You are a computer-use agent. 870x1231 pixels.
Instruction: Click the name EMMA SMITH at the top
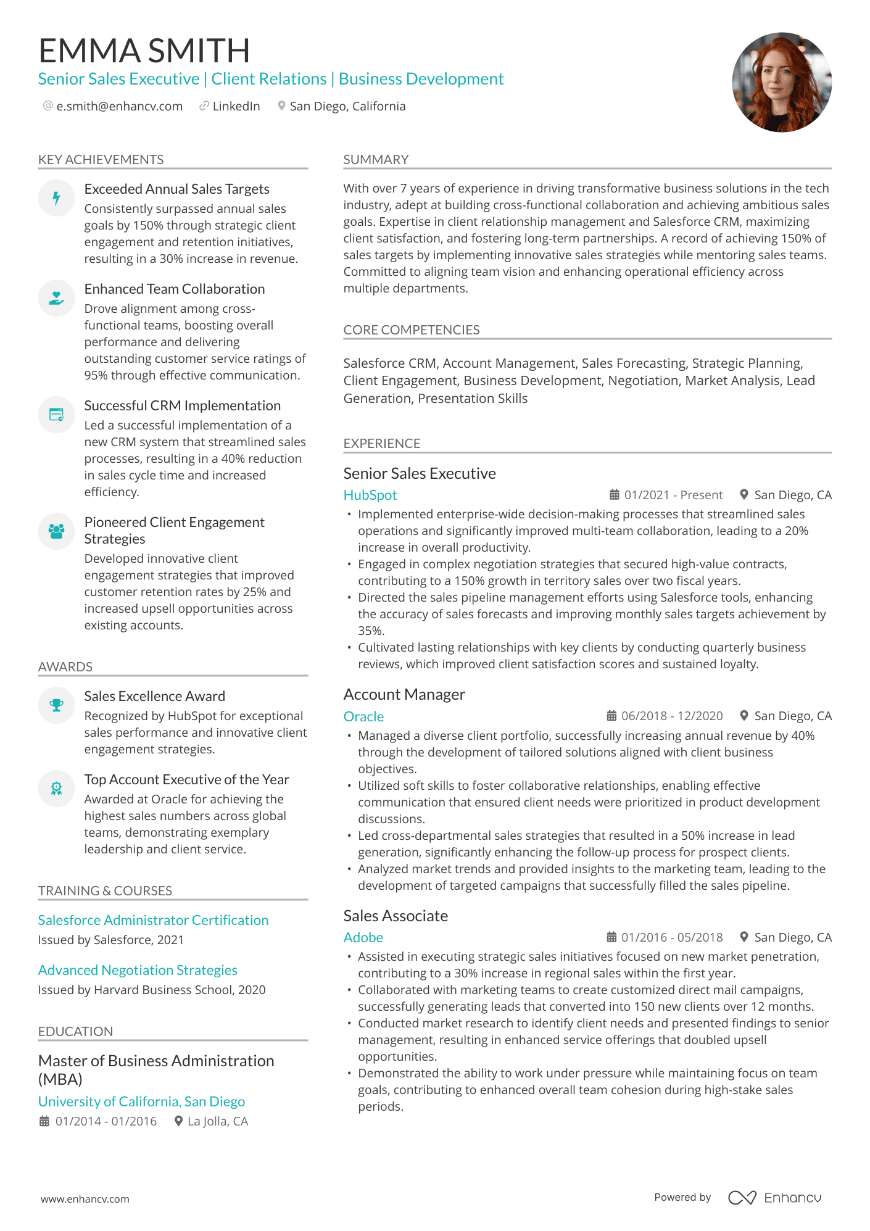tap(144, 51)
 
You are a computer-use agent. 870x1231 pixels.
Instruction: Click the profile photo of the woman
tap(781, 82)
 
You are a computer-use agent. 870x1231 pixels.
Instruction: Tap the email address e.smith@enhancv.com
tap(119, 106)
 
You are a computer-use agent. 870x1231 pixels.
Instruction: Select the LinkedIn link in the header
tap(236, 106)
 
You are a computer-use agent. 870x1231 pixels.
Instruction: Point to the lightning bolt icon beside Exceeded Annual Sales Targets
tap(56, 198)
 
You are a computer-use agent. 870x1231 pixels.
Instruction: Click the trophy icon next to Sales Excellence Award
tap(56, 705)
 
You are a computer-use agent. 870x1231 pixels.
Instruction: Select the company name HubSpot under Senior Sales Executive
tap(370, 495)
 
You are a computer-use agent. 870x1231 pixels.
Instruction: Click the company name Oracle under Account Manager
tap(363, 716)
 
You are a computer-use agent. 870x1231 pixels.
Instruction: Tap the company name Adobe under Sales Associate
tap(363, 937)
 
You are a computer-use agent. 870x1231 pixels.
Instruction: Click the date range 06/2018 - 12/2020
tap(671, 716)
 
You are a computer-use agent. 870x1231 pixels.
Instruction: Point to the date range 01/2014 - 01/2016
tap(106, 1121)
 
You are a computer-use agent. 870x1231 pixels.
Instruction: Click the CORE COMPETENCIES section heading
tap(411, 330)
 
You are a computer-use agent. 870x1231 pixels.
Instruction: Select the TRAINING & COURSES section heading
tap(105, 890)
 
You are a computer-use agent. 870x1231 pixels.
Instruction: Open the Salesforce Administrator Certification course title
tap(153, 920)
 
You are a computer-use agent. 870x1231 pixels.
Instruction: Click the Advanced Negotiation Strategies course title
tap(138, 970)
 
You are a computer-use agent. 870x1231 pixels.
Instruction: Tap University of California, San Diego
tap(141, 1101)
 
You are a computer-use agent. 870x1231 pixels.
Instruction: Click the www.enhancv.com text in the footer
tap(85, 1199)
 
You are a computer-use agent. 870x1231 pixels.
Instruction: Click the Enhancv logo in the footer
tap(774, 1198)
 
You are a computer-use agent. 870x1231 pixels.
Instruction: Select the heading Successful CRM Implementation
tap(182, 405)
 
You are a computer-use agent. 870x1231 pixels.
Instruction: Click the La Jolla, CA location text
tap(217, 1121)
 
